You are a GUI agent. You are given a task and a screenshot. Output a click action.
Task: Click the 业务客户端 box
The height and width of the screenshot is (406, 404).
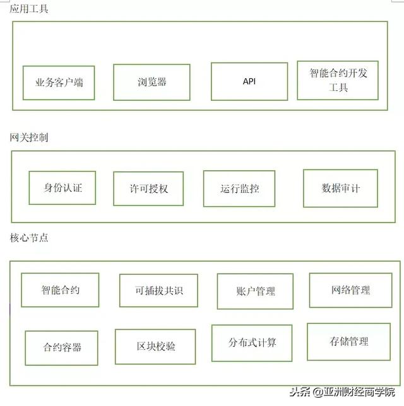point(59,83)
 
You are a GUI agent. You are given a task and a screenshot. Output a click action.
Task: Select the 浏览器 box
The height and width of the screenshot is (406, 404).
point(151,83)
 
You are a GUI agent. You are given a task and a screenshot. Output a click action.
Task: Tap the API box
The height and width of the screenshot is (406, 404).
point(249,81)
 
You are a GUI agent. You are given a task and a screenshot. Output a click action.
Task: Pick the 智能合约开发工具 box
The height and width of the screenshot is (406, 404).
point(338,80)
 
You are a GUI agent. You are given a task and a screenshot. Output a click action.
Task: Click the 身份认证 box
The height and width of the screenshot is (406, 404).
point(62,188)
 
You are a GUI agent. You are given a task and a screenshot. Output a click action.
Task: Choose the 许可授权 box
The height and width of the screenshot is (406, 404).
point(148,188)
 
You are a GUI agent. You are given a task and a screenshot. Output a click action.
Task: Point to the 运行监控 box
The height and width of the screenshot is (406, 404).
point(239,188)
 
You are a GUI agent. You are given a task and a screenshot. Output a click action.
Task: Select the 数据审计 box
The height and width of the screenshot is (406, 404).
point(340,188)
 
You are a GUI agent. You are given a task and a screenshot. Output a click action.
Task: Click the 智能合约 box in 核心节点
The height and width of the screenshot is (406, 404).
point(60,290)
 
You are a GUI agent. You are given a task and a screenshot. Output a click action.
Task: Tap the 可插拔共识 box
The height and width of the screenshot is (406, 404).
point(158,291)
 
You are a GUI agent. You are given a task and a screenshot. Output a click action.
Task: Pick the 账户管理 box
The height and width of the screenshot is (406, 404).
point(255,291)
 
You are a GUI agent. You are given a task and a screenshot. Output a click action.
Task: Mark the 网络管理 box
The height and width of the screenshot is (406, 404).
point(350,290)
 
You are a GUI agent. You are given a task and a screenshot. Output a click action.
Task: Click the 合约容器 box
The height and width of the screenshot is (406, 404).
point(61,348)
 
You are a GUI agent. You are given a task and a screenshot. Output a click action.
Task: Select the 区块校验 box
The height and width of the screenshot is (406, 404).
point(155,347)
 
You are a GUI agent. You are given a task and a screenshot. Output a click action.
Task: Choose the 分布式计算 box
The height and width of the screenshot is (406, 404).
point(252,343)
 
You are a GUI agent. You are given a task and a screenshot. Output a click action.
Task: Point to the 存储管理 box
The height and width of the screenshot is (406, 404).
point(349,342)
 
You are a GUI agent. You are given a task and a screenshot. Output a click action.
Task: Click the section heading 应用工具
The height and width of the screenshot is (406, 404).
point(29,9)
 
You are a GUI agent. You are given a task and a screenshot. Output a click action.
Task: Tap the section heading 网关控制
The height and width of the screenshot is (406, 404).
point(29,137)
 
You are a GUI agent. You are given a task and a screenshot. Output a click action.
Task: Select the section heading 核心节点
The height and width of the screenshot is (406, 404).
point(29,238)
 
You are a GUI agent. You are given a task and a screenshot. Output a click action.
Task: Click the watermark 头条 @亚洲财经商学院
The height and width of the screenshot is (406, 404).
point(342,392)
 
